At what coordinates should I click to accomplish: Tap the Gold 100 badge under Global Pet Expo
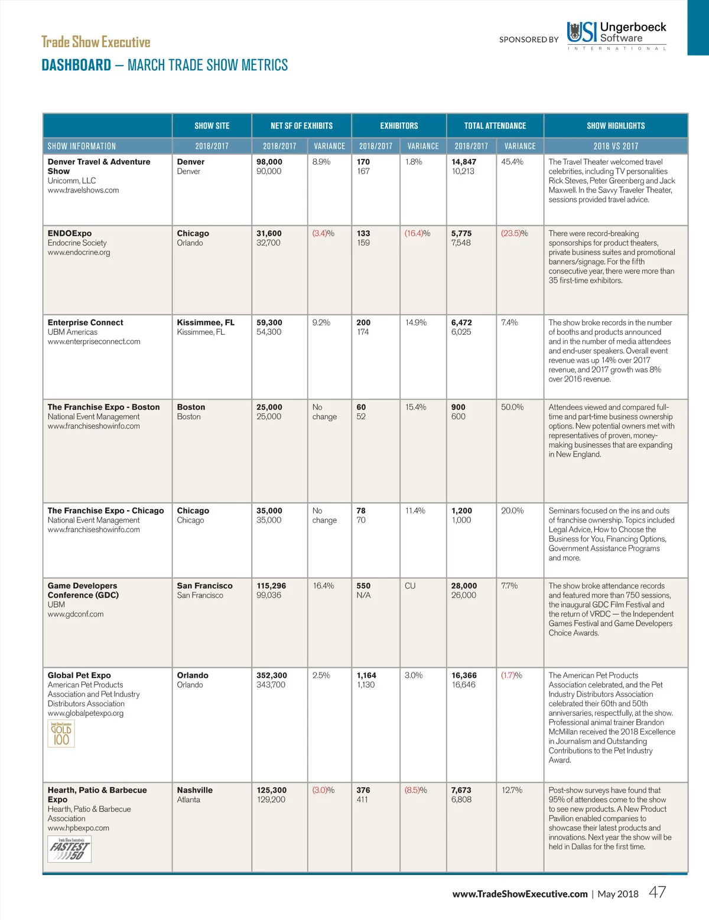(x=61, y=734)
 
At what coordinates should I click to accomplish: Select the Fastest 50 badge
(x=69, y=850)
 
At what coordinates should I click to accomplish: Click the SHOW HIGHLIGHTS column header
(x=616, y=126)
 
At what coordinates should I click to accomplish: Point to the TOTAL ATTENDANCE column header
(x=495, y=126)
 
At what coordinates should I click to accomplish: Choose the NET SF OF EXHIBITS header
(x=301, y=126)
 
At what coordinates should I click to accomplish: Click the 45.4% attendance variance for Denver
(x=512, y=162)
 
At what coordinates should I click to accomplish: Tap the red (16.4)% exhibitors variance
(x=417, y=233)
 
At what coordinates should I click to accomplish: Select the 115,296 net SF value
(x=271, y=586)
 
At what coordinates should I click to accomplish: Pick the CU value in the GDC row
(x=410, y=586)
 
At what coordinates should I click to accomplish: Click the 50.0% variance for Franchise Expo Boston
(x=512, y=407)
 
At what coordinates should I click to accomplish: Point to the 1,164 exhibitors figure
(x=367, y=675)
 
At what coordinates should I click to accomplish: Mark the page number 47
(x=657, y=892)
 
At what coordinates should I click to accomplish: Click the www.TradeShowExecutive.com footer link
(x=520, y=894)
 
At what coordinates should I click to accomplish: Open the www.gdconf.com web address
(x=76, y=614)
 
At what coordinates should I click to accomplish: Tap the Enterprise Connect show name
(x=86, y=322)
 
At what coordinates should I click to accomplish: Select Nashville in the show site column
(x=194, y=790)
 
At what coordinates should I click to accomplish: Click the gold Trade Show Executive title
(x=96, y=42)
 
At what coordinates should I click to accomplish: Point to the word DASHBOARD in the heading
(x=76, y=65)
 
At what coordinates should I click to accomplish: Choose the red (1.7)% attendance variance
(x=512, y=675)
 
